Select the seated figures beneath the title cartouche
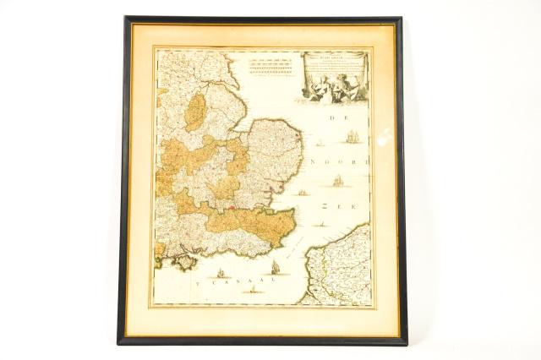[x=335, y=89]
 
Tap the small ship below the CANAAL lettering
[x=251, y=289]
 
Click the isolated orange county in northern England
[x=194, y=112]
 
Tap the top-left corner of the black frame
[x=126, y=19]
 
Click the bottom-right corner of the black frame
[x=405, y=342]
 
